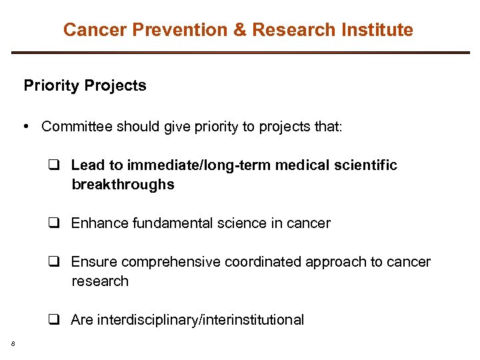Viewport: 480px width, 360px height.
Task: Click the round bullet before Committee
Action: pos(27,127)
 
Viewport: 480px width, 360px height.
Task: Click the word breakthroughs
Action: pos(123,185)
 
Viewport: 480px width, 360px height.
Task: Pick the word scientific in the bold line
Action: pos(364,165)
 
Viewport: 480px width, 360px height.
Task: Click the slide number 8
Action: pos(13,344)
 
